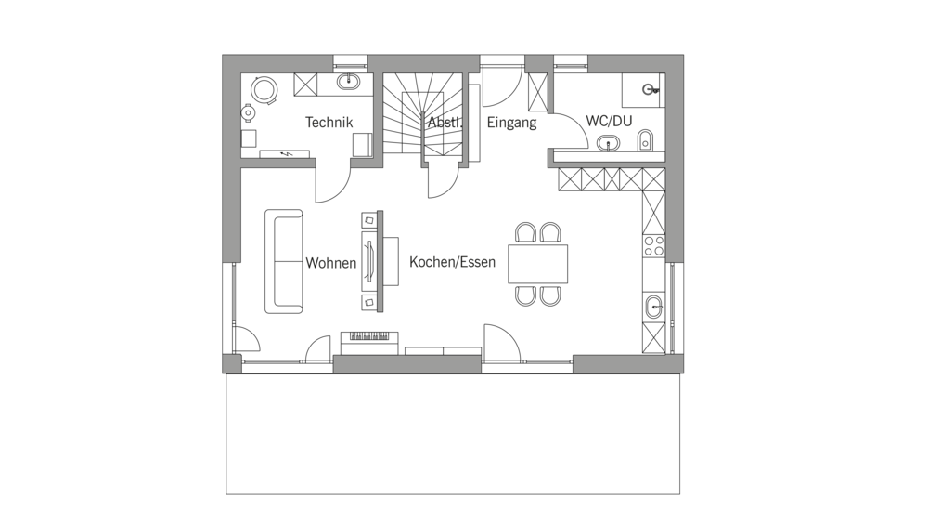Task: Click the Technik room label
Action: (329, 123)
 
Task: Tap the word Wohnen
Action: (331, 263)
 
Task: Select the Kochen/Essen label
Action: (452, 262)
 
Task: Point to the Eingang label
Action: (511, 123)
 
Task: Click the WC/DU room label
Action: (609, 121)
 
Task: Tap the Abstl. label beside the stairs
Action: (445, 123)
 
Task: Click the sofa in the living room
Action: (283, 261)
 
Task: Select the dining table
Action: (538, 264)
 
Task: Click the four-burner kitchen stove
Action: (653, 246)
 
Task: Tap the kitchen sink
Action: (653, 306)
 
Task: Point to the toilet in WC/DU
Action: (645, 141)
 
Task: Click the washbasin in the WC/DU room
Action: (609, 143)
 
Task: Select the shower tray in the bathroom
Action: (643, 90)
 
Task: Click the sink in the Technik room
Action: (349, 82)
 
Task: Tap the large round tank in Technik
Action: (264, 90)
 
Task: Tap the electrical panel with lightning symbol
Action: (285, 154)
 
